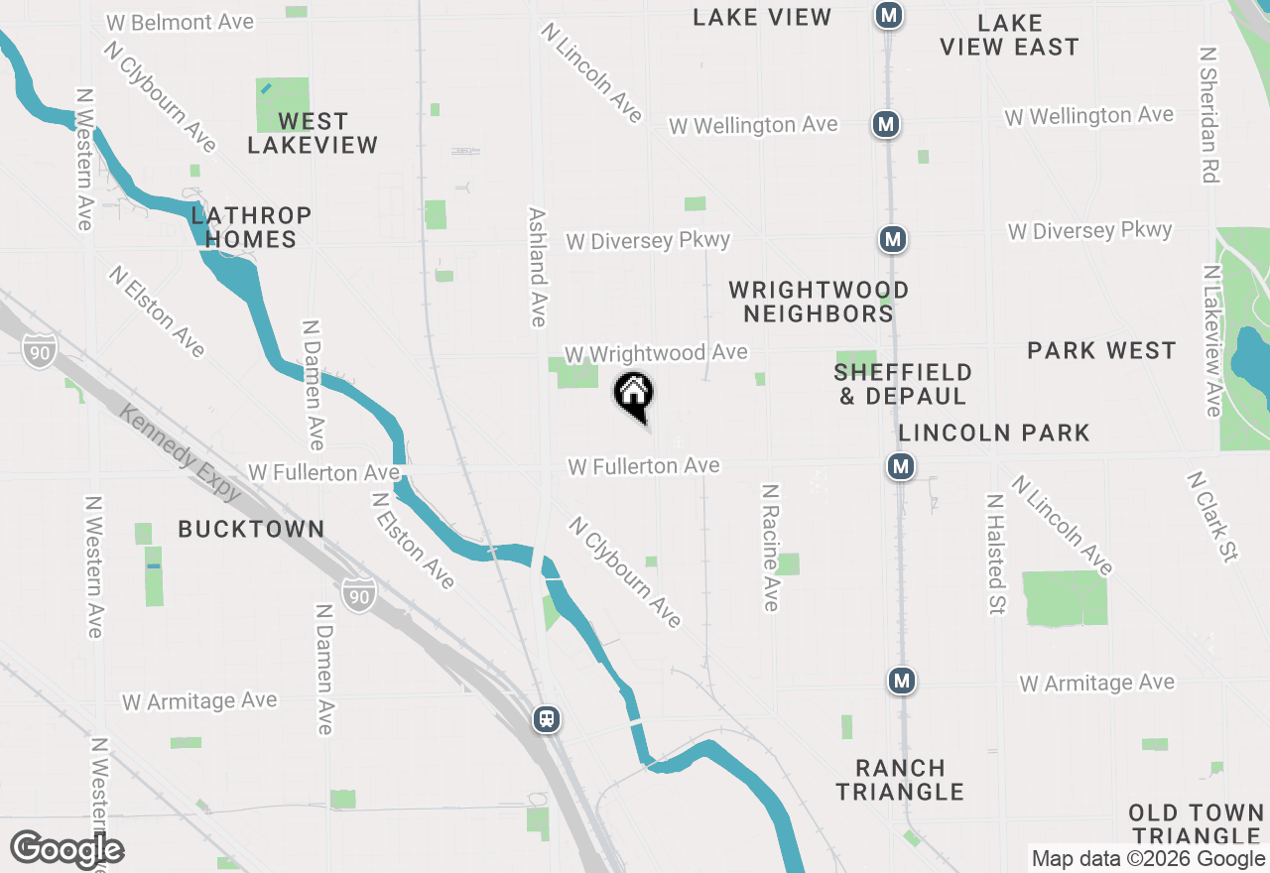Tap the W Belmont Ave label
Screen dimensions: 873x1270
pos(179,22)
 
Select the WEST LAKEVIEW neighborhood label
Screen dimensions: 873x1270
pos(313,133)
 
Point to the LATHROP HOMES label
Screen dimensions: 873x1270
pos(251,227)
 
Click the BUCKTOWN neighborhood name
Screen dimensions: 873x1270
pos(251,529)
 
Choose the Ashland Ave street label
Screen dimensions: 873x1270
pos(538,267)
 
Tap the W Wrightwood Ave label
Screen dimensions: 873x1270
pos(656,353)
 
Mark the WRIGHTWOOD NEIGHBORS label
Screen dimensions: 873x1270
pos(819,302)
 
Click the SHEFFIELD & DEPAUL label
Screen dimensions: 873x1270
pos(902,384)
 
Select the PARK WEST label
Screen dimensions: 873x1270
pos(1101,350)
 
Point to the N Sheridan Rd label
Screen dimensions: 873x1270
pos(1208,114)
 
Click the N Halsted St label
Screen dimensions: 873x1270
pos(996,554)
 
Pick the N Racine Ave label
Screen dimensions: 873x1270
pos(771,547)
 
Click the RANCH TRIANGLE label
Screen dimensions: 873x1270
pos(900,780)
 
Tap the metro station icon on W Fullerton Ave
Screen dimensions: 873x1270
pos(901,466)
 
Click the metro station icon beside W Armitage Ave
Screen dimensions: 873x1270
pos(901,681)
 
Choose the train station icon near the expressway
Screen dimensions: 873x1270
pos(546,719)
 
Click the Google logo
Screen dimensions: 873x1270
pos(66,850)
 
